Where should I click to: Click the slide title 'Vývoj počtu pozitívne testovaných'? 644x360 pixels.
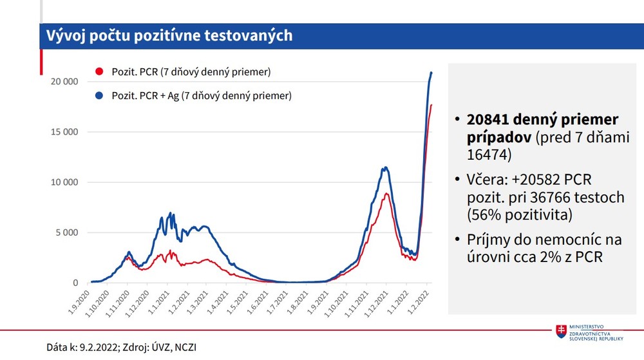pos(166,36)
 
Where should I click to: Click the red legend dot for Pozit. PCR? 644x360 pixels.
pos(99,71)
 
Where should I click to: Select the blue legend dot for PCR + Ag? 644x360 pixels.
pos(99,96)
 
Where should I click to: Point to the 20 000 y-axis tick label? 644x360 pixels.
pos(64,82)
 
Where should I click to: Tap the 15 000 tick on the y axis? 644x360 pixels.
pos(64,132)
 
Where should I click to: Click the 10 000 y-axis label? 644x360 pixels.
pos(64,182)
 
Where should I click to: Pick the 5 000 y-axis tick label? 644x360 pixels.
pos(67,232)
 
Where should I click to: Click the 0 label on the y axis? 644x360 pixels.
pos(75,283)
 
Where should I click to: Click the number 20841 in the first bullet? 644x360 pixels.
pos(492,120)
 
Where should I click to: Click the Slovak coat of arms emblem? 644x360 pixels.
pos(562,331)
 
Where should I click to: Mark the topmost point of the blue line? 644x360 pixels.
pos(431,72)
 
